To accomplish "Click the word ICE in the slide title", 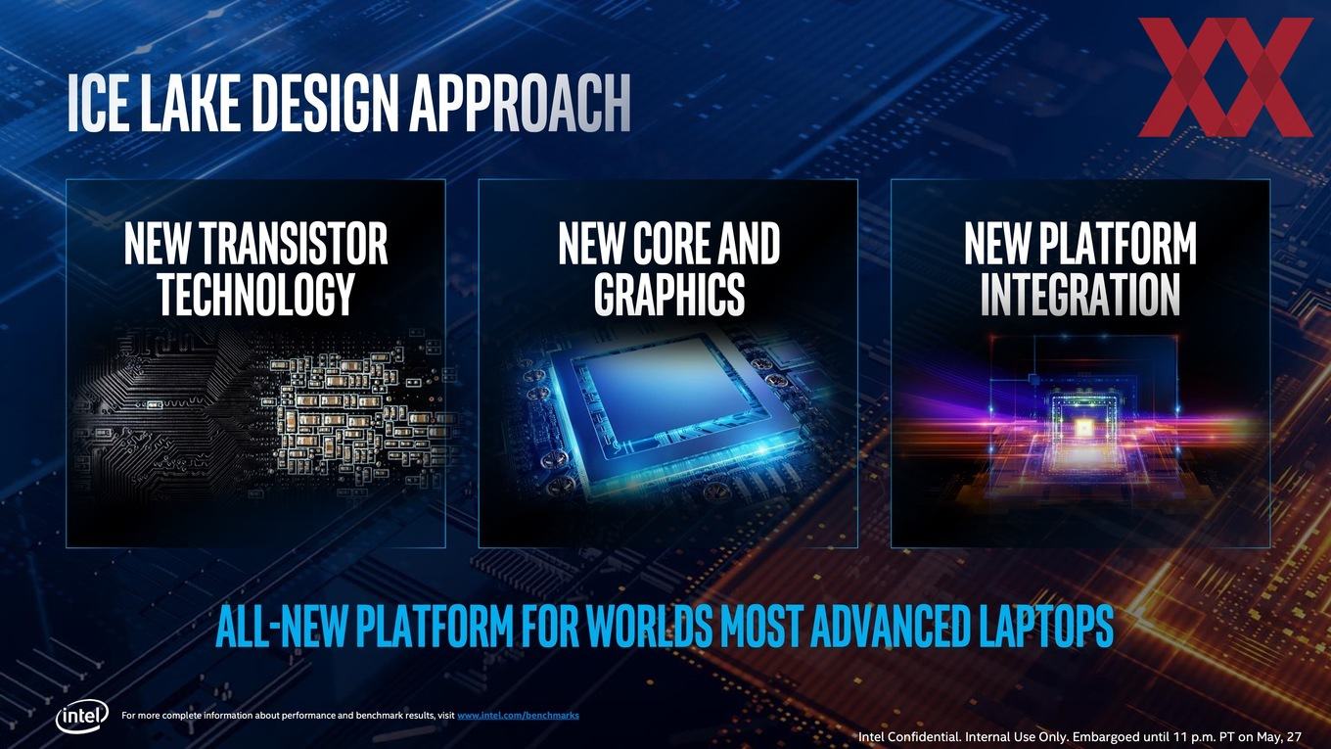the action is pos(97,103).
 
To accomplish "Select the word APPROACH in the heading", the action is pos(521,103).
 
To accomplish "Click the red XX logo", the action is pos(1224,76).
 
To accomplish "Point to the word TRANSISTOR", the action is pos(295,244).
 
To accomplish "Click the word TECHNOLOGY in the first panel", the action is pos(256,294).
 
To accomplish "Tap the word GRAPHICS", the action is pos(669,294).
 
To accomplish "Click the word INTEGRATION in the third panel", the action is pos(1080,294).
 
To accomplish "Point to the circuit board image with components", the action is pos(261,410).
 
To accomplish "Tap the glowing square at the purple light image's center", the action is pos(1083,427).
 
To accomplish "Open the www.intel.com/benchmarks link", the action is pos(518,716).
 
